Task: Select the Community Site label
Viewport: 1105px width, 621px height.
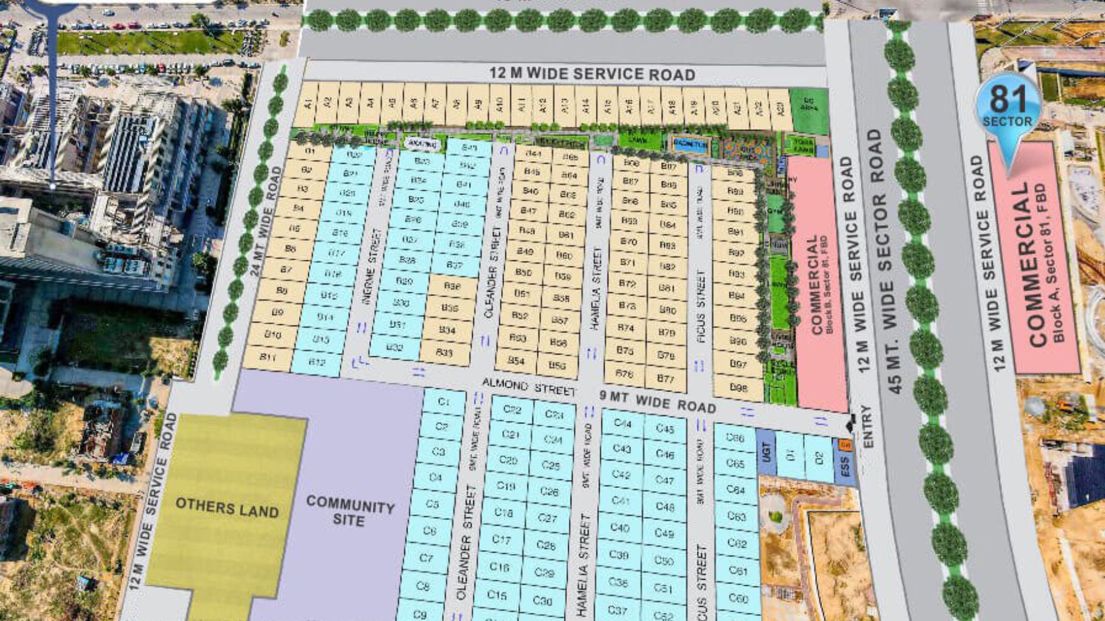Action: tap(349, 512)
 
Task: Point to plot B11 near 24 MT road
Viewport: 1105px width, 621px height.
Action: tap(268, 357)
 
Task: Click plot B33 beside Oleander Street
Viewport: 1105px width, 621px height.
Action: tap(445, 353)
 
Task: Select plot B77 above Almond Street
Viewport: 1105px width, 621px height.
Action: tap(665, 379)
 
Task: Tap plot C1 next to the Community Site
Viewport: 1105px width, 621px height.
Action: tap(444, 401)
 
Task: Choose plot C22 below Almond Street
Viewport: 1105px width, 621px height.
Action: tap(512, 410)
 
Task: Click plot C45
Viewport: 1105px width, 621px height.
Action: tap(664, 428)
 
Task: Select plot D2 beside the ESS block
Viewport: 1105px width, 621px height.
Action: tap(819, 459)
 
